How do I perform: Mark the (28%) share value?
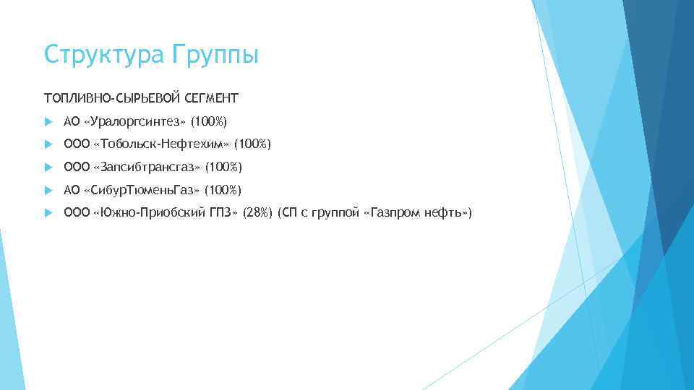[258, 213]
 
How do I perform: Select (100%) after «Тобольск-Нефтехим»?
[252, 144]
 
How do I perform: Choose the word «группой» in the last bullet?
[338, 214]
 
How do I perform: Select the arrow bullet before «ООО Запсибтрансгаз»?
[48, 168]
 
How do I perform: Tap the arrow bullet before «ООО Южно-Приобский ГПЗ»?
[48, 213]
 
